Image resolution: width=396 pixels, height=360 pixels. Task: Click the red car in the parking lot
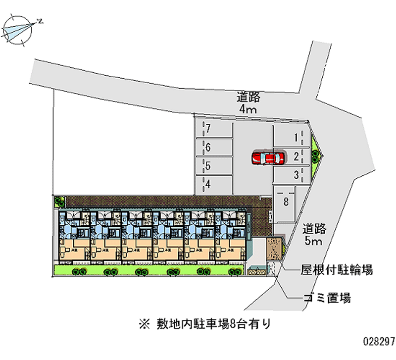(x=268, y=157)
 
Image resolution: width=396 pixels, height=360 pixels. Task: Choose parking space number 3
(x=292, y=174)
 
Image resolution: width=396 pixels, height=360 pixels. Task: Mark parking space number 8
(x=286, y=202)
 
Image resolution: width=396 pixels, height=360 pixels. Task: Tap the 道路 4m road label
(x=248, y=103)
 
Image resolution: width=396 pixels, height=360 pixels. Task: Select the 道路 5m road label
(x=314, y=235)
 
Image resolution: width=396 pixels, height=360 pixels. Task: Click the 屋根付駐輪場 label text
(x=337, y=270)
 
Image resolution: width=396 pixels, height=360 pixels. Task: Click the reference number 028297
(x=378, y=342)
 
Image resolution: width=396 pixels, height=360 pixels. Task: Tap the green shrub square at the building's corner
(x=59, y=201)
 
